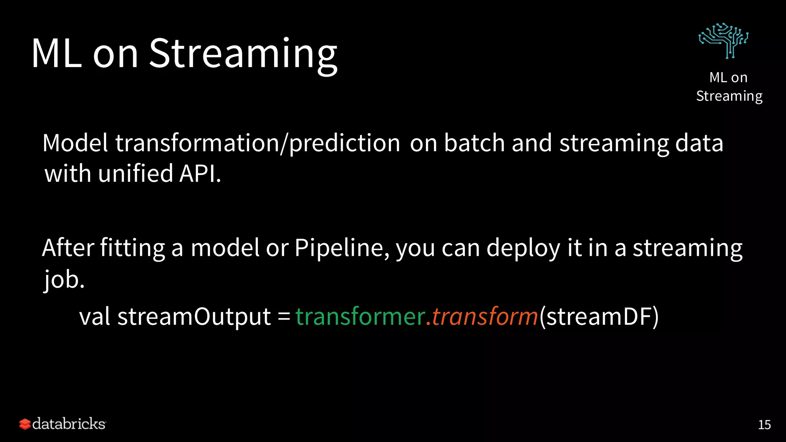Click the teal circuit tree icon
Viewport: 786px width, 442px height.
[723, 41]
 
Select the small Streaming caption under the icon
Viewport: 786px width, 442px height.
[729, 96]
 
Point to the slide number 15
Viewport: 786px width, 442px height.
[764, 425]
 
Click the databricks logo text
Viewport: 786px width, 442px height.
[69, 424]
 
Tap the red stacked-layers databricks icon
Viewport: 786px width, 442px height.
[25, 424]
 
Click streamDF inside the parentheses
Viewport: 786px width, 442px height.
[599, 317]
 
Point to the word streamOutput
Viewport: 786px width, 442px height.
[194, 317]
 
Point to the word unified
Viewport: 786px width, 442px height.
[135, 173]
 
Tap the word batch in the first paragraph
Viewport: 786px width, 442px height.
[474, 143]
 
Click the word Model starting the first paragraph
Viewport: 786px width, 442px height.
[75, 143]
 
